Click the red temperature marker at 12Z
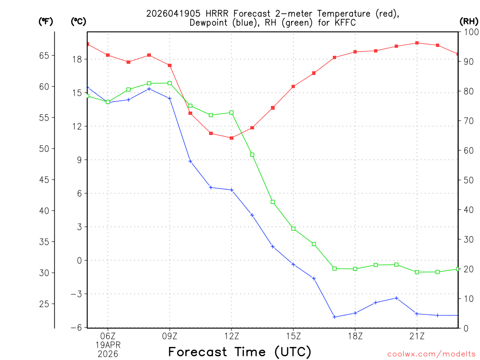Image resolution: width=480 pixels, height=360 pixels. click(x=232, y=138)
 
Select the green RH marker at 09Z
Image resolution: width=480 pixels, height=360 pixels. click(x=170, y=83)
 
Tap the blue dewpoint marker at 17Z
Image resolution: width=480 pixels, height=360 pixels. click(x=335, y=317)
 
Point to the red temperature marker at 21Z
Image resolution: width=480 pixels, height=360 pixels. click(x=417, y=43)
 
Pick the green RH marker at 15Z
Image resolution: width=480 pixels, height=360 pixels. click(x=293, y=228)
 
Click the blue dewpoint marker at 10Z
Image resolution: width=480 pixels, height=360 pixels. click(x=190, y=161)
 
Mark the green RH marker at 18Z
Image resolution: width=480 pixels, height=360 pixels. click(x=355, y=269)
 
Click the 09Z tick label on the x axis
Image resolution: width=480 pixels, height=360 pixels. click(x=170, y=336)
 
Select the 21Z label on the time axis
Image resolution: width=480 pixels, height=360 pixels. click(x=417, y=336)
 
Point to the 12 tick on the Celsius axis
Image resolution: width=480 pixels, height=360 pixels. click(x=77, y=126)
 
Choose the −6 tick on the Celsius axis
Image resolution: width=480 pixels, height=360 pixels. click(x=75, y=327)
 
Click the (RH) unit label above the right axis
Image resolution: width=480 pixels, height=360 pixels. click(x=469, y=21)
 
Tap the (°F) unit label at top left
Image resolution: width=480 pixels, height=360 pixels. click(x=45, y=21)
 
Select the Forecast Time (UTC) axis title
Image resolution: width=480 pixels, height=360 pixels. click(x=240, y=352)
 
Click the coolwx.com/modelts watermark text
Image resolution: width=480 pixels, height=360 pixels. click(x=431, y=354)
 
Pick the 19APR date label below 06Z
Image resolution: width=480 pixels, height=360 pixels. click(x=108, y=345)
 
